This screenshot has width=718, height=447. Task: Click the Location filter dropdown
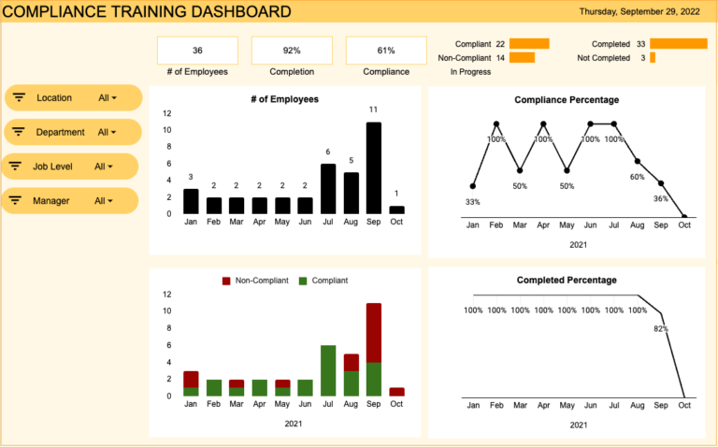coord(73,97)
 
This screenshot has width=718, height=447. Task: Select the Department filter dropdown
coord(73,132)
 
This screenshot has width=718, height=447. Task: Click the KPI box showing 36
coord(197,50)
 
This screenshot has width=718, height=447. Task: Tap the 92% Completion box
coord(292,50)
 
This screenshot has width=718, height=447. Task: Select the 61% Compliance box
coord(385,50)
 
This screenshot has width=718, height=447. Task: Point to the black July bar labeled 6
coord(327,189)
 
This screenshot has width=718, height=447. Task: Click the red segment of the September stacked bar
coord(373,333)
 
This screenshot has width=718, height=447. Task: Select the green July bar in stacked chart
coord(327,370)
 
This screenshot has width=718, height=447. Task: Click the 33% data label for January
coord(472,202)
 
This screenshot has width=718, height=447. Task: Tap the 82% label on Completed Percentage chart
coord(661,329)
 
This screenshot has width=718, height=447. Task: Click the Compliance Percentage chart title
coord(567,100)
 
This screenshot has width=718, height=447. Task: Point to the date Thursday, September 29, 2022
coord(640,12)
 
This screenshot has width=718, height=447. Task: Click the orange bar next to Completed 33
coord(678,44)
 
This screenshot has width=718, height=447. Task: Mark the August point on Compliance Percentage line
coord(638,161)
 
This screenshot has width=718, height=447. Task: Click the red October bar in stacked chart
coord(396,392)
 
